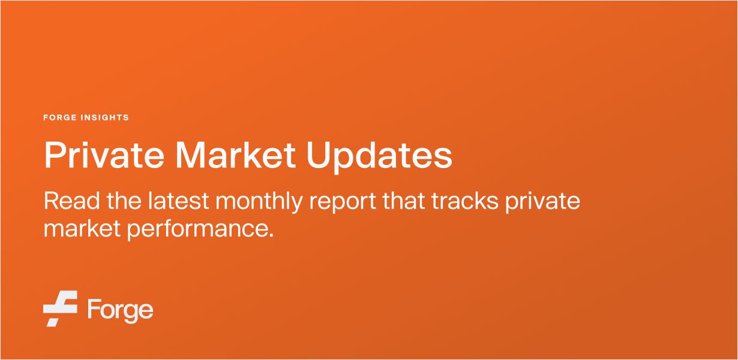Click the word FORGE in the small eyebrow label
pyautogui.click(x=61, y=118)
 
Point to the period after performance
pyautogui.click(x=271, y=235)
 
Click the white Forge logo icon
pyautogui.click(x=60, y=308)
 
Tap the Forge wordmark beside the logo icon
pyautogui.click(x=120, y=310)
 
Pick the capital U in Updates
pyautogui.click(x=320, y=155)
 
